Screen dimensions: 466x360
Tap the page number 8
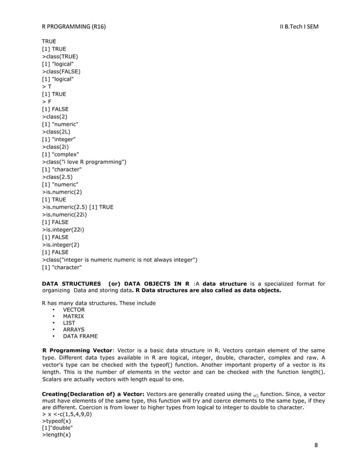pyautogui.click(x=316, y=444)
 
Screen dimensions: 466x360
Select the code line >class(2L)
pyautogui.click(x=56, y=131)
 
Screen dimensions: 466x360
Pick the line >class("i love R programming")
pyautogui.click(x=84, y=162)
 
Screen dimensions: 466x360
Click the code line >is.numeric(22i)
pyautogui.click(x=64, y=214)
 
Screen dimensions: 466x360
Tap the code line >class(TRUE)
pyautogui.click(x=59, y=56)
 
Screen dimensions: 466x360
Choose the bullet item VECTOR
pyautogui.click(x=73, y=310)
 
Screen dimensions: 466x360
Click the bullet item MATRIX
pyautogui.click(x=73, y=316)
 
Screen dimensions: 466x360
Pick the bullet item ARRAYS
pyautogui.click(x=73, y=329)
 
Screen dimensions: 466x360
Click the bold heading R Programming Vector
pyautogui.click(x=78, y=349)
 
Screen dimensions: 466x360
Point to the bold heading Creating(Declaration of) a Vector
pyautogui.click(x=93, y=393)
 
